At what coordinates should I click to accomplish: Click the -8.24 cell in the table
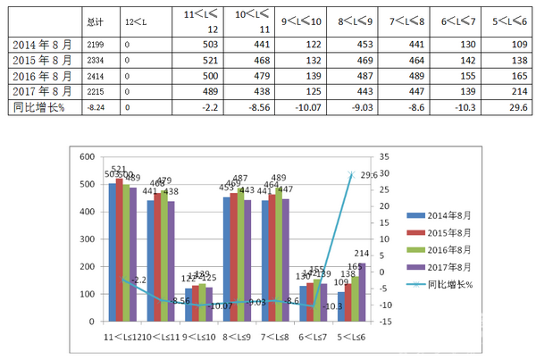96,107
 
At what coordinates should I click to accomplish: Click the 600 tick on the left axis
87,157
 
